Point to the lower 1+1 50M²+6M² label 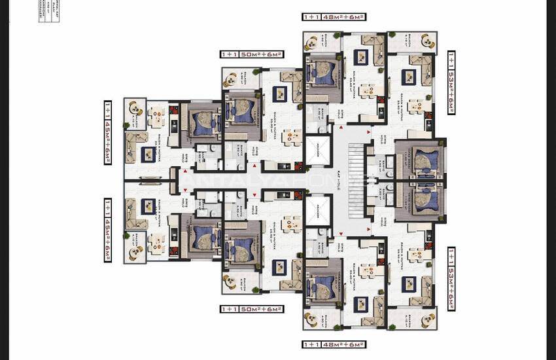point(252,309)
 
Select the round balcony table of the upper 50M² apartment point(232,78)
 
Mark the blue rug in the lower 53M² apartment point(409,283)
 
